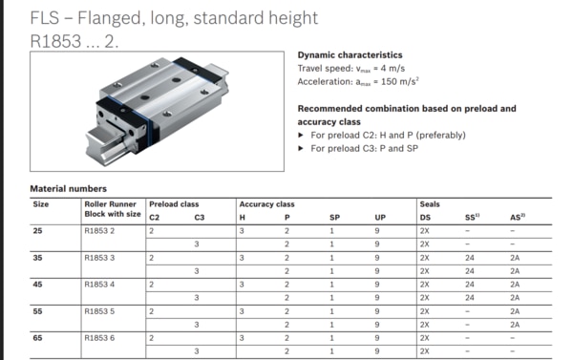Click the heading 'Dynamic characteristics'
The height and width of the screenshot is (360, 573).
(350, 55)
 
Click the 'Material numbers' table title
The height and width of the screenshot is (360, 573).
(68, 189)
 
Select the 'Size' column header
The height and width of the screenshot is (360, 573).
(41, 204)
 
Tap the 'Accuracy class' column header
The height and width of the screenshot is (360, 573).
(266, 204)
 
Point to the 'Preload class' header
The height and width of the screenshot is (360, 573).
(174, 204)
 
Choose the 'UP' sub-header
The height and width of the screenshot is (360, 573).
(380, 218)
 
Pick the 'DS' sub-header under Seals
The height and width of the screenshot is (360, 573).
(425, 218)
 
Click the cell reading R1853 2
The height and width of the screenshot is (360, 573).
(100, 231)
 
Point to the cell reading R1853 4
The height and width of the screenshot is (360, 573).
(100, 284)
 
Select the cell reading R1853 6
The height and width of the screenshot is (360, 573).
(100, 336)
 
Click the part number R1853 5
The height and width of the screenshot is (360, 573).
(100, 310)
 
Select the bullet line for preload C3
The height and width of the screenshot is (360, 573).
(370, 147)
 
